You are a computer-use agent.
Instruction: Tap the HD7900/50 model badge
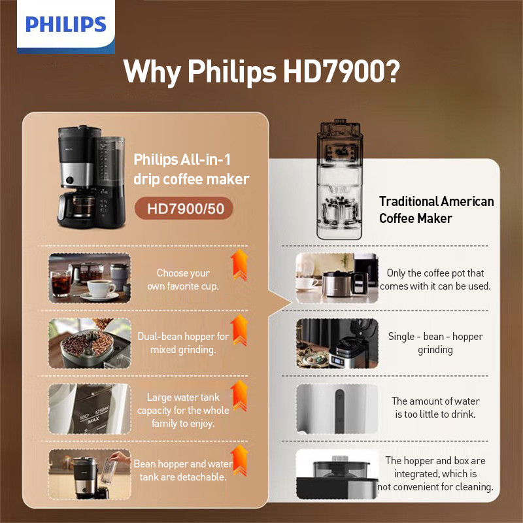(x=184, y=209)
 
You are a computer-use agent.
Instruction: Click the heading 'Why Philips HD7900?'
(x=261, y=71)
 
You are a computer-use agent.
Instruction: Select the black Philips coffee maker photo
(x=91, y=177)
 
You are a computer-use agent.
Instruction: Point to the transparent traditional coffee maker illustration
(x=339, y=179)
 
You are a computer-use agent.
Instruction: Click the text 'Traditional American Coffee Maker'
(x=436, y=210)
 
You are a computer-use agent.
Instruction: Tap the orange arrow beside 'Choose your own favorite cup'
(x=239, y=265)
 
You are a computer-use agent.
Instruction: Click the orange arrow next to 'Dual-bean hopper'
(x=239, y=330)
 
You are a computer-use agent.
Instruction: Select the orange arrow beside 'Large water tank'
(x=239, y=396)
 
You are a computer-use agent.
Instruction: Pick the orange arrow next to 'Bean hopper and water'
(x=239, y=460)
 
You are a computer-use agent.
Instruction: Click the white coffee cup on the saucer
(x=99, y=288)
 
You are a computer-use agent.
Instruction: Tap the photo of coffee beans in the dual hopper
(x=90, y=343)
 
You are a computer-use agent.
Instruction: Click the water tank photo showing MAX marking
(x=90, y=409)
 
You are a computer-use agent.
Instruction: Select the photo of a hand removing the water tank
(x=90, y=474)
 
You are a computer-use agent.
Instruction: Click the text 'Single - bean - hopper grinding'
(x=435, y=343)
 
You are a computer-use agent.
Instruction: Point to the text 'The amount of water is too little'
(x=435, y=407)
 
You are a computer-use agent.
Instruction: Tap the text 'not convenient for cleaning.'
(x=435, y=486)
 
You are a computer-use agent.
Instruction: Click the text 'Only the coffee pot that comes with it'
(x=435, y=280)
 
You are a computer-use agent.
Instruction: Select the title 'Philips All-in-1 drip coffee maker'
(x=191, y=169)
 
